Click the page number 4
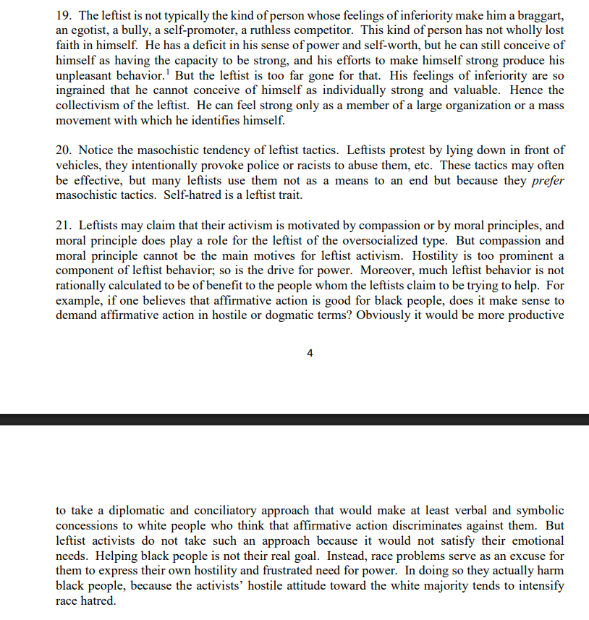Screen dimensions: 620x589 310,354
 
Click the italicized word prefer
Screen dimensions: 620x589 548,181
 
